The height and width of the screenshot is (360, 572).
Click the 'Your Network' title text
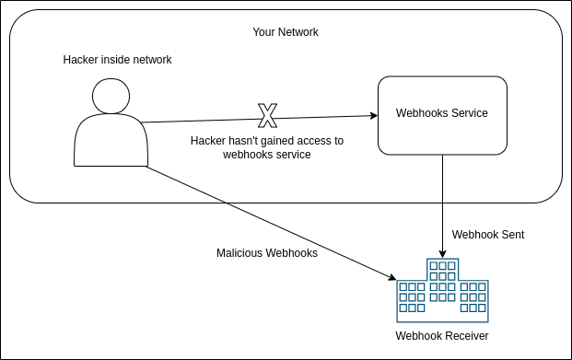tap(286, 32)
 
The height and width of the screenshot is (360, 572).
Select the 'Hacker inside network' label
tap(117, 60)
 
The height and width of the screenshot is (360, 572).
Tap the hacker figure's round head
tap(111, 97)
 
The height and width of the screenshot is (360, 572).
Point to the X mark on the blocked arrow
tap(267, 116)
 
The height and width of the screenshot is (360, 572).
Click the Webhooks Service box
tap(442, 114)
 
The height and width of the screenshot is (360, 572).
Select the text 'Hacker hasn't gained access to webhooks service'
tap(267, 148)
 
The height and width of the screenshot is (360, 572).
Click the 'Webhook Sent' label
tap(488, 235)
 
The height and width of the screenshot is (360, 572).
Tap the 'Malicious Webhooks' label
tap(267, 253)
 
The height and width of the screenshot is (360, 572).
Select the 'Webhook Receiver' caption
tap(442, 336)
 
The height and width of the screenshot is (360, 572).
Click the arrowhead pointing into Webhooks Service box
tap(373, 115)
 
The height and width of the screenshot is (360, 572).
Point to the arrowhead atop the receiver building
tap(443, 253)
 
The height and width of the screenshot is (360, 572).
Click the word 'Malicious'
tap(239, 253)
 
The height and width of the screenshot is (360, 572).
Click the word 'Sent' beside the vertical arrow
tap(512, 235)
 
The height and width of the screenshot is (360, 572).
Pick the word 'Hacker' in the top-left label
tap(81, 60)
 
